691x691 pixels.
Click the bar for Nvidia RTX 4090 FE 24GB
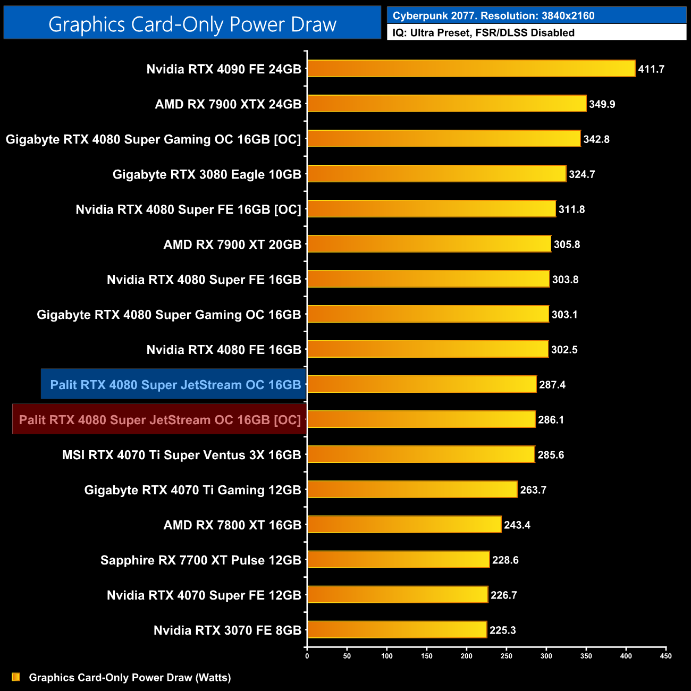click(x=471, y=69)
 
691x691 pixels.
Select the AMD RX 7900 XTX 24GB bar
click(x=446, y=104)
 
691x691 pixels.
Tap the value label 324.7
click(x=582, y=174)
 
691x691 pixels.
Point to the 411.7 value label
click(x=651, y=69)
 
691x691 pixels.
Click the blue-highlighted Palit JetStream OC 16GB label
click(x=175, y=384)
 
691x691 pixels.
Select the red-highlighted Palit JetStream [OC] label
click(x=159, y=420)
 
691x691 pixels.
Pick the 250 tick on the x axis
click(x=506, y=656)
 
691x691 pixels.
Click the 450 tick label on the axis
click(x=665, y=656)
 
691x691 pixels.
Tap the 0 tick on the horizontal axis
click(x=307, y=656)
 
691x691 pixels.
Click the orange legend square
click(x=16, y=677)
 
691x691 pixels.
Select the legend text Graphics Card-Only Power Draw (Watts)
click(x=130, y=677)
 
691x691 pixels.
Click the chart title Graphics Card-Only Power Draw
click(x=192, y=24)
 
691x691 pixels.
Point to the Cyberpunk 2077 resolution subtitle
click(x=493, y=16)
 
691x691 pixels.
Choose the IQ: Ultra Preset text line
click(x=483, y=33)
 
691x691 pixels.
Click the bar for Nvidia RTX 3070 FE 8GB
click(x=397, y=630)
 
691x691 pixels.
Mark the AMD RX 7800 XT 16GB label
click(x=232, y=525)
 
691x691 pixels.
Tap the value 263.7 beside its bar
click(x=533, y=490)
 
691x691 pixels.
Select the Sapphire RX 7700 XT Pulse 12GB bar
click(x=398, y=560)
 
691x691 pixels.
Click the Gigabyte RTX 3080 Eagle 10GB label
click(x=207, y=174)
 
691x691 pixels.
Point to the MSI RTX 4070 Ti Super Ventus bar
click(x=421, y=454)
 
